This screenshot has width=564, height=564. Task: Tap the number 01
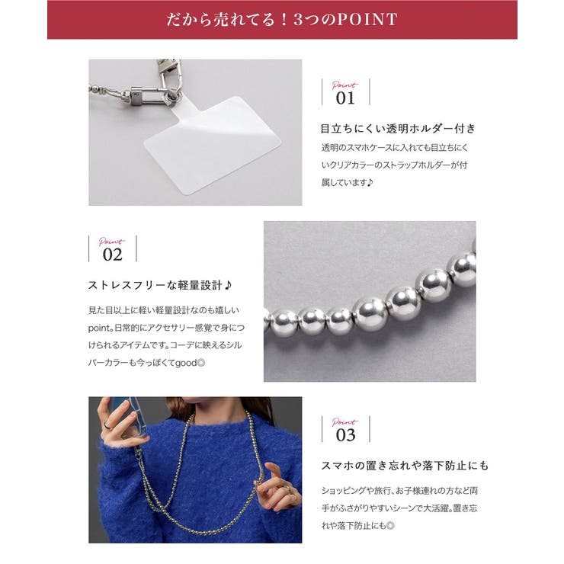pyautogui.click(x=345, y=98)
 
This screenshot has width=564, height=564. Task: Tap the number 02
pyautogui.click(x=112, y=255)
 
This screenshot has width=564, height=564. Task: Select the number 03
pyautogui.click(x=345, y=435)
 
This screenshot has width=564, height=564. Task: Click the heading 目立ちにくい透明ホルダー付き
pyautogui.click(x=399, y=128)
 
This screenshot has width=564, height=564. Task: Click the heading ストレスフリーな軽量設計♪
pyautogui.click(x=160, y=286)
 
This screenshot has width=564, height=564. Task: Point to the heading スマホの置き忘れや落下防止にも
pyautogui.click(x=404, y=465)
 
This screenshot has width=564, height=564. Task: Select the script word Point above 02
pyautogui.click(x=111, y=242)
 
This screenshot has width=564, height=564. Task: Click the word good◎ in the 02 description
pyautogui.click(x=189, y=362)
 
